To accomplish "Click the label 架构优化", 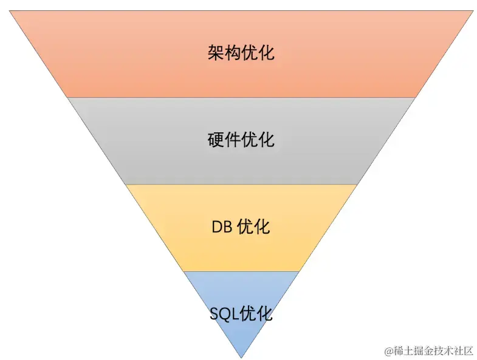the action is (x=241, y=53).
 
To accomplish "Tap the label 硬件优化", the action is (x=241, y=140).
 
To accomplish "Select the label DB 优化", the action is (x=241, y=227).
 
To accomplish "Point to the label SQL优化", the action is (x=241, y=314).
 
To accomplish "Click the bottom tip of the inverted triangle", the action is (x=242, y=357).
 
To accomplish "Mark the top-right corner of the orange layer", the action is (x=472, y=11).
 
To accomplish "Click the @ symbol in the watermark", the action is (x=388, y=351).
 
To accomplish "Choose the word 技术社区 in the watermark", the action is (x=452, y=351).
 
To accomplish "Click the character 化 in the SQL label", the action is (x=265, y=314).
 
